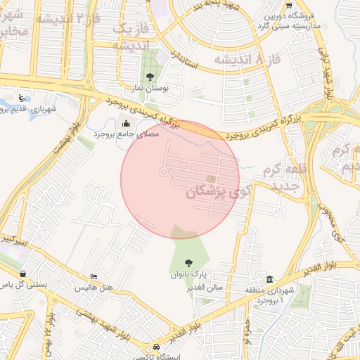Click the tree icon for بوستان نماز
(149, 76)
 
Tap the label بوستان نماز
(149, 89)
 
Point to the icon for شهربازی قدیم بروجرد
(24, 98)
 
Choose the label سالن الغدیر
(205, 287)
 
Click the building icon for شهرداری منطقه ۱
(271, 278)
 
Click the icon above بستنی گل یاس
(24, 274)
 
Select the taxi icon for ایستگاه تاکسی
(156, 347)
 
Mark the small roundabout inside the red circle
(163, 172)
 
